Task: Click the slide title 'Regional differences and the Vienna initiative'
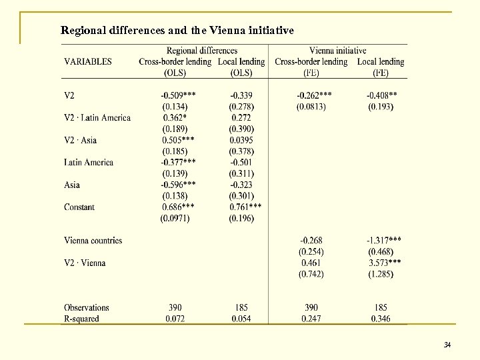point(177,30)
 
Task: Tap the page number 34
point(447,345)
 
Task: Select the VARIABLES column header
point(88,61)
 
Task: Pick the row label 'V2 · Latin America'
point(97,118)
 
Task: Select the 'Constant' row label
point(79,207)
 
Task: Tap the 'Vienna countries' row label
point(93,240)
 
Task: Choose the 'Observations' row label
point(87,307)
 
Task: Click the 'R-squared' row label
point(81,319)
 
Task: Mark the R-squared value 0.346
point(381,319)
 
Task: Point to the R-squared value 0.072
point(175,319)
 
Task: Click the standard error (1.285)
point(381,274)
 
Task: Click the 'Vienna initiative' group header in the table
point(337,51)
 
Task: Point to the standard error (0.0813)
point(311,107)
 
